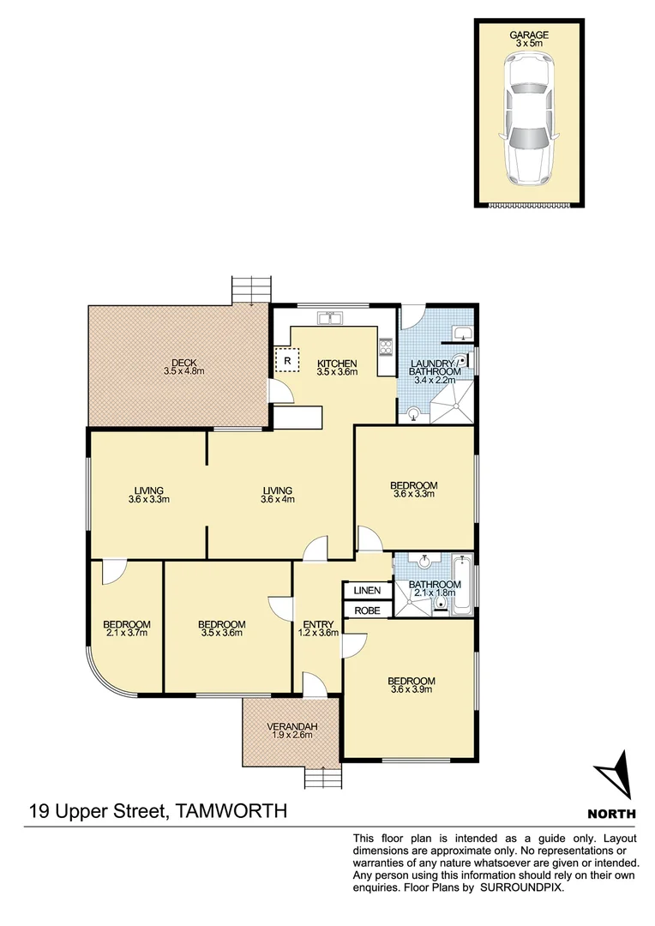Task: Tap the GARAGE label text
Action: pyautogui.click(x=529, y=35)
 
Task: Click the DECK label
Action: pyautogui.click(x=183, y=363)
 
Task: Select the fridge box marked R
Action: pyautogui.click(x=287, y=360)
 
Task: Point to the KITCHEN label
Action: pyautogui.click(x=336, y=363)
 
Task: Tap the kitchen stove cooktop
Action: pyautogui.click(x=386, y=348)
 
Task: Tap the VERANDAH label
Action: pyautogui.click(x=292, y=727)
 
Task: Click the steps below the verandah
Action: pyautogui.click(x=322, y=779)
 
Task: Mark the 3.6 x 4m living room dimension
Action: pyautogui.click(x=279, y=500)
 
